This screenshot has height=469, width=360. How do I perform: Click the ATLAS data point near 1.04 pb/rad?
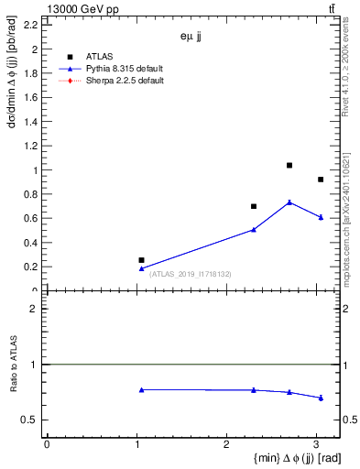pos(289,166)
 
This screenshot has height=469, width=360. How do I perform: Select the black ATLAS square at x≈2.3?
pos(254,206)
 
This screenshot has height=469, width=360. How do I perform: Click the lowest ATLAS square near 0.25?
pos(141,260)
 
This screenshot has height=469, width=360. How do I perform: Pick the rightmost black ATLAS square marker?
pos(320,180)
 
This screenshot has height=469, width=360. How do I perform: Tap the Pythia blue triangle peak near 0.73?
pos(289,202)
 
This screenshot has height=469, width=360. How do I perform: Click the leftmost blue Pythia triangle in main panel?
pos(141,268)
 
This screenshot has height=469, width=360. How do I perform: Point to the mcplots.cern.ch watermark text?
pos(350,220)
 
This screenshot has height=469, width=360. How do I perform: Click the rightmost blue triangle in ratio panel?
pos(320,398)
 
